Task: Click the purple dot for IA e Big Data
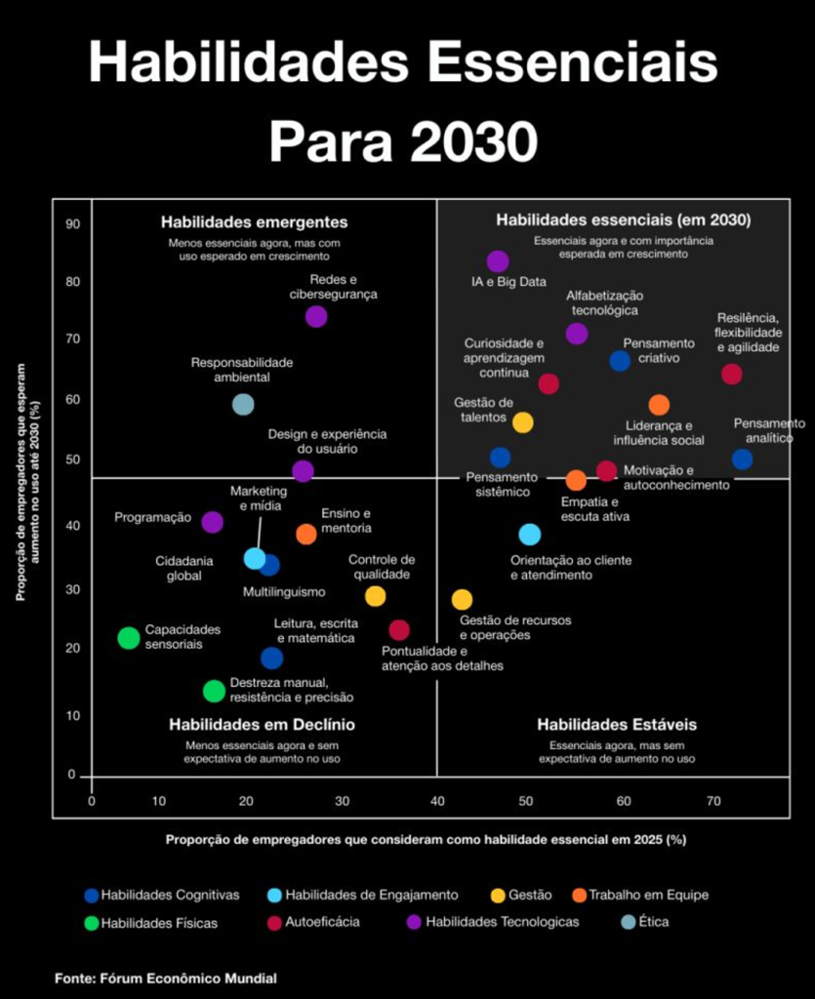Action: pos(498,261)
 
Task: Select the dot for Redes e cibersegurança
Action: pos(316,316)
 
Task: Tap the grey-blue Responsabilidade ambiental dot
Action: pos(243,404)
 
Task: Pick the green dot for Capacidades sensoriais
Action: pos(128,638)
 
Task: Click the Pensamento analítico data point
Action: pos(742,460)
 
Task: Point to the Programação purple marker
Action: pos(212,522)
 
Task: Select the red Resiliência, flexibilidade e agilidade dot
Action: pos(731,374)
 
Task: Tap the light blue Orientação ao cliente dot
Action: pos(529,535)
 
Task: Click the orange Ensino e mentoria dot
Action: pos(306,534)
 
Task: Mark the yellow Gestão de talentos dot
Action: pos(523,422)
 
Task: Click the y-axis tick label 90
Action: pos(73,224)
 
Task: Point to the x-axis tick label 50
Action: pos(526,801)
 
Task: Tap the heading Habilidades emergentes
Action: pos(255,221)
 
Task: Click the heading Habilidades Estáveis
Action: pos(617,725)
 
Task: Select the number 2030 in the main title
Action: pos(472,142)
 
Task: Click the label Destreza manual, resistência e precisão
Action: pos(291,690)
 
